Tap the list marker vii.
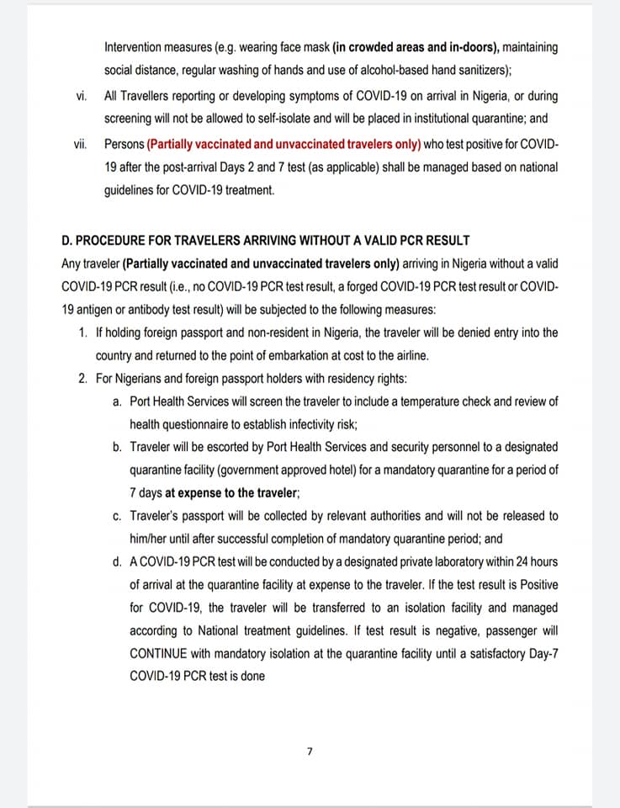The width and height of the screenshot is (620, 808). click(x=80, y=144)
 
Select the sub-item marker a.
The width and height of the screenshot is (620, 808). click(x=117, y=401)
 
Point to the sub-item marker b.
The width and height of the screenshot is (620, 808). click(x=117, y=447)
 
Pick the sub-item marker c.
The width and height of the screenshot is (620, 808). click(x=117, y=516)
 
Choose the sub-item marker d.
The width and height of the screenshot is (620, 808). click(x=117, y=561)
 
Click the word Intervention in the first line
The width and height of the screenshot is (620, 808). click(x=134, y=47)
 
